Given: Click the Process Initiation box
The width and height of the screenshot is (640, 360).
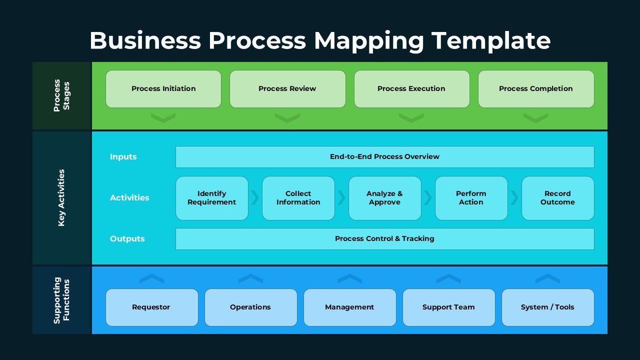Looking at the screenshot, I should (x=163, y=89).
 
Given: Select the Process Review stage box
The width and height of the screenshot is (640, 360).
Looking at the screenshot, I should (x=287, y=89).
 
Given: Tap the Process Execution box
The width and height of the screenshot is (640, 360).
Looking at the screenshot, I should (x=411, y=89).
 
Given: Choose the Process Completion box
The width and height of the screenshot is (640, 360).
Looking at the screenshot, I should (x=536, y=89).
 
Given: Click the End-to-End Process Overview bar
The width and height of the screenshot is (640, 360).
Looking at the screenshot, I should (x=384, y=157).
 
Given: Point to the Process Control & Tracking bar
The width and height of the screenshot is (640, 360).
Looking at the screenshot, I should (x=384, y=239).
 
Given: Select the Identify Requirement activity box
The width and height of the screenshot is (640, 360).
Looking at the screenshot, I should (x=212, y=198).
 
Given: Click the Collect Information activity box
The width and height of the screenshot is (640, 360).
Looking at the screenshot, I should (x=298, y=198).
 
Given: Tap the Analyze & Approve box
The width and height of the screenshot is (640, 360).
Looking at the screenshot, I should (x=384, y=198).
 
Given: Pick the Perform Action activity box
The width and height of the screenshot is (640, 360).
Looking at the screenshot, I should (x=471, y=198).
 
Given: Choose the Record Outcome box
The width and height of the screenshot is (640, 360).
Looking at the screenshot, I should (x=557, y=198).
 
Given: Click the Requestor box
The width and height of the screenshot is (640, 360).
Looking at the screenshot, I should (x=151, y=307).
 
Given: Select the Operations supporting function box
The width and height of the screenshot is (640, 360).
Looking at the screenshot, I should (x=250, y=307).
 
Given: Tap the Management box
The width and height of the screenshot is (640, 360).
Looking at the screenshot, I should (x=349, y=307).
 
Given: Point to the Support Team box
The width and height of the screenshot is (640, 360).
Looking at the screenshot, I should (x=448, y=307).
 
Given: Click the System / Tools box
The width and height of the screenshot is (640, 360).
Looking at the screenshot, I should (x=547, y=307).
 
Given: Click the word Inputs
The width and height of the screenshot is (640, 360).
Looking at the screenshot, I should (x=123, y=157).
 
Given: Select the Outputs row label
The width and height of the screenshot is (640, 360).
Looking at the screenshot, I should (x=127, y=239).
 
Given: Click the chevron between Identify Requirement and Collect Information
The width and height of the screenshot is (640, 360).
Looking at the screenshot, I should (x=255, y=198).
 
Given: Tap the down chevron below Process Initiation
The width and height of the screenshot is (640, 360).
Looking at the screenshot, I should (x=163, y=118).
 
